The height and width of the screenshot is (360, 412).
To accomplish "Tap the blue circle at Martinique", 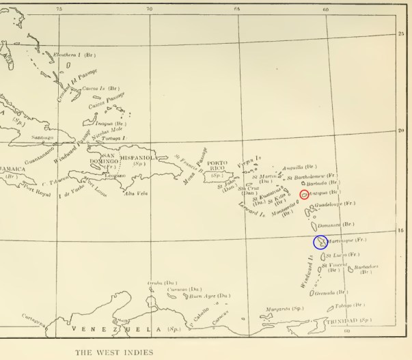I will tap(320, 242).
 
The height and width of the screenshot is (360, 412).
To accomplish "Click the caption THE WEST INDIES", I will tap(115, 352).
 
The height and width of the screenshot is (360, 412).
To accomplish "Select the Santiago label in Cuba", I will tap(43, 137).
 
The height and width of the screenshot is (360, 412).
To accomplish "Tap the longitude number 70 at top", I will tap(150, 8).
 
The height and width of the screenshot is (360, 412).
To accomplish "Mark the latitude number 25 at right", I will tap(401, 33).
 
